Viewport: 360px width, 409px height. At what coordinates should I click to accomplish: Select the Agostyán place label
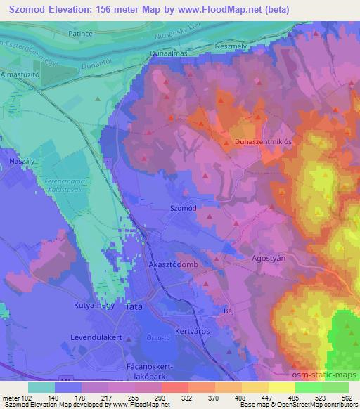[x=268, y=258]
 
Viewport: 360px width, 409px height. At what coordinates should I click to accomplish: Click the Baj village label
[x=228, y=308]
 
